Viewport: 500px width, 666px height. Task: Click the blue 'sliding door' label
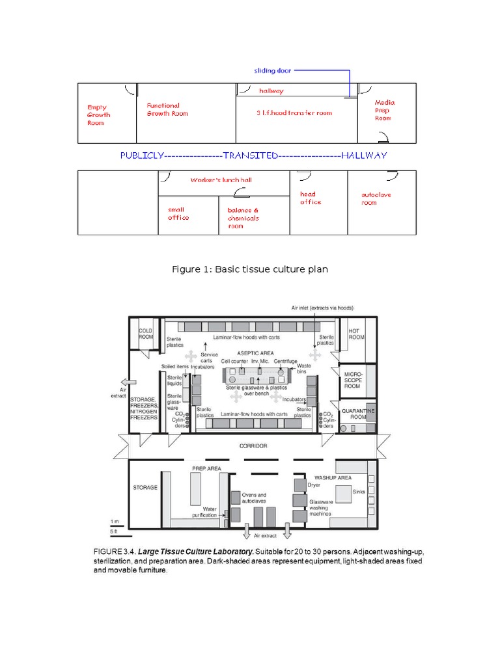[x=272, y=70]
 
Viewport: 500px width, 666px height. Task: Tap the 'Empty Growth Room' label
[x=99, y=115]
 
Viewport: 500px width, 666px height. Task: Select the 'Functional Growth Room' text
[x=167, y=109]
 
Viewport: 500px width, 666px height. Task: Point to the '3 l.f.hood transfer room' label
[x=294, y=113]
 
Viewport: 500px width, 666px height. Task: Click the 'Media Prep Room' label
[x=384, y=110]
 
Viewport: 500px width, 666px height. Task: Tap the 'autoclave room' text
[x=376, y=198]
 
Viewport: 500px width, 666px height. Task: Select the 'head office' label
[x=310, y=198]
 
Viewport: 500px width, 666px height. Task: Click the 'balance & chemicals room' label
[x=243, y=218]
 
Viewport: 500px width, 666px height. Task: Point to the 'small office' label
[x=178, y=214]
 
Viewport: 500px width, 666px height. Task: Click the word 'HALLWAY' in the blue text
[x=364, y=155]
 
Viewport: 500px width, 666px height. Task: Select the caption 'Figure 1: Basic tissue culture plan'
[x=249, y=269]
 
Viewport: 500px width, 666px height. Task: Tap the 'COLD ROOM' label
[x=145, y=334]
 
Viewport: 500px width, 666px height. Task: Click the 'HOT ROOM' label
[x=355, y=334]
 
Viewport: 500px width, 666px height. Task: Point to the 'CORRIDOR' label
[x=253, y=446]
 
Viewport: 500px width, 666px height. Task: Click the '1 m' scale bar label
[x=115, y=522]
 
